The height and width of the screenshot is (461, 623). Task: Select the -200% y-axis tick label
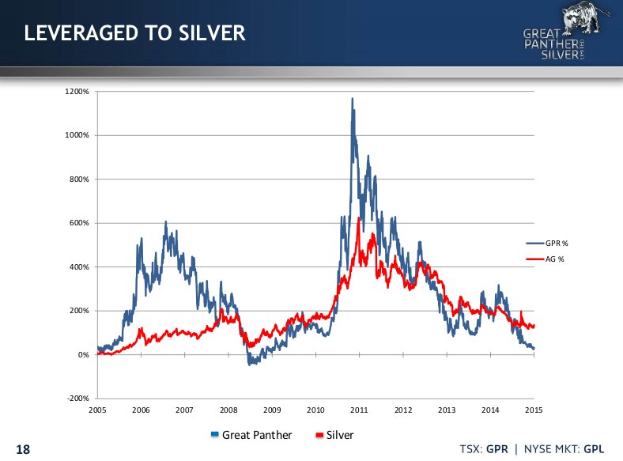pos(80,399)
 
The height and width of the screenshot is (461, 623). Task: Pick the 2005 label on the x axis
pos(97,410)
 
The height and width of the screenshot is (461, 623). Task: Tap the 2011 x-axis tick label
pos(360,410)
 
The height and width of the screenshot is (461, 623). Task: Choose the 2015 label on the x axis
pos(534,410)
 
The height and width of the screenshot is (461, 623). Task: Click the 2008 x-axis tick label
pos(228,410)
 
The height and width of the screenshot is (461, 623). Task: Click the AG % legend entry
pos(557,259)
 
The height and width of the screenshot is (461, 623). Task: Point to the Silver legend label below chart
pos(339,435)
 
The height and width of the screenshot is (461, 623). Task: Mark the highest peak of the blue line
pos(352,98)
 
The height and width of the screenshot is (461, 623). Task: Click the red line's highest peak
pos(359,217)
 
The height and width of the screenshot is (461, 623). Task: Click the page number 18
pos(23,449)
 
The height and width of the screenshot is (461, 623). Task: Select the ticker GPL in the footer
pos(593,448)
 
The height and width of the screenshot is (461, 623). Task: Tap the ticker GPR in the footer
pos(496,448)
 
